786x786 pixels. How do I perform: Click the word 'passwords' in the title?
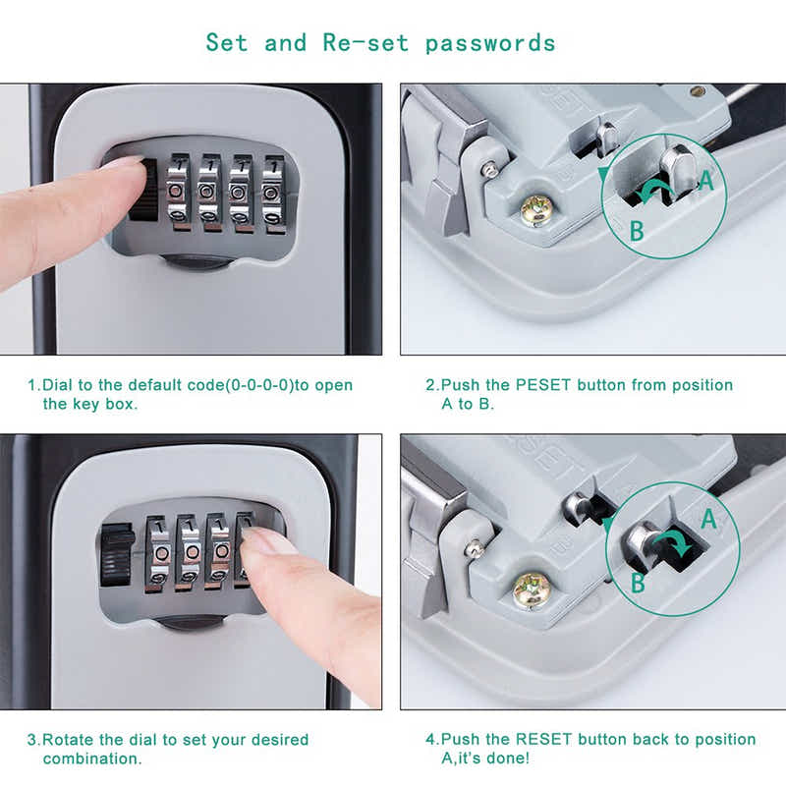490,43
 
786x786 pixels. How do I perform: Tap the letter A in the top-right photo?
705,180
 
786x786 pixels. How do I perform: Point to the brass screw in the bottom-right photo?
531,589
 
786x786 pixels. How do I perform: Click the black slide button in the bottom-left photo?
117,555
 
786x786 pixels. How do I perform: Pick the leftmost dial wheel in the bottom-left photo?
160,552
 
